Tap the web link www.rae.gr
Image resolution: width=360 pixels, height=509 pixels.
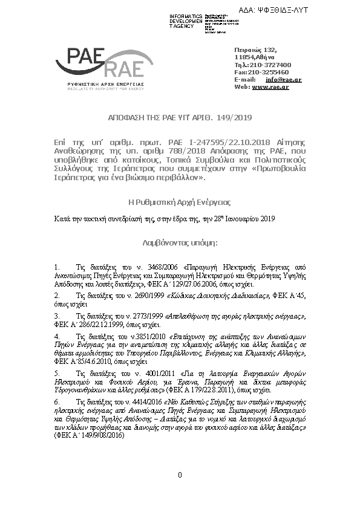(270, 87)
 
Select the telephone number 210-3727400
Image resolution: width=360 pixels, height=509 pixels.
(269, 65)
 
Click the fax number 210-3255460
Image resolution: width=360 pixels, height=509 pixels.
(267, 72)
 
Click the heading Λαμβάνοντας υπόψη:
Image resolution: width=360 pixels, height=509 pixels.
(180, 242)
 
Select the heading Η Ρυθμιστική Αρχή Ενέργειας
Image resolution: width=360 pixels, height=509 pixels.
(180, 200)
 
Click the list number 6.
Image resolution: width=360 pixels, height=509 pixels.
(56, 401)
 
